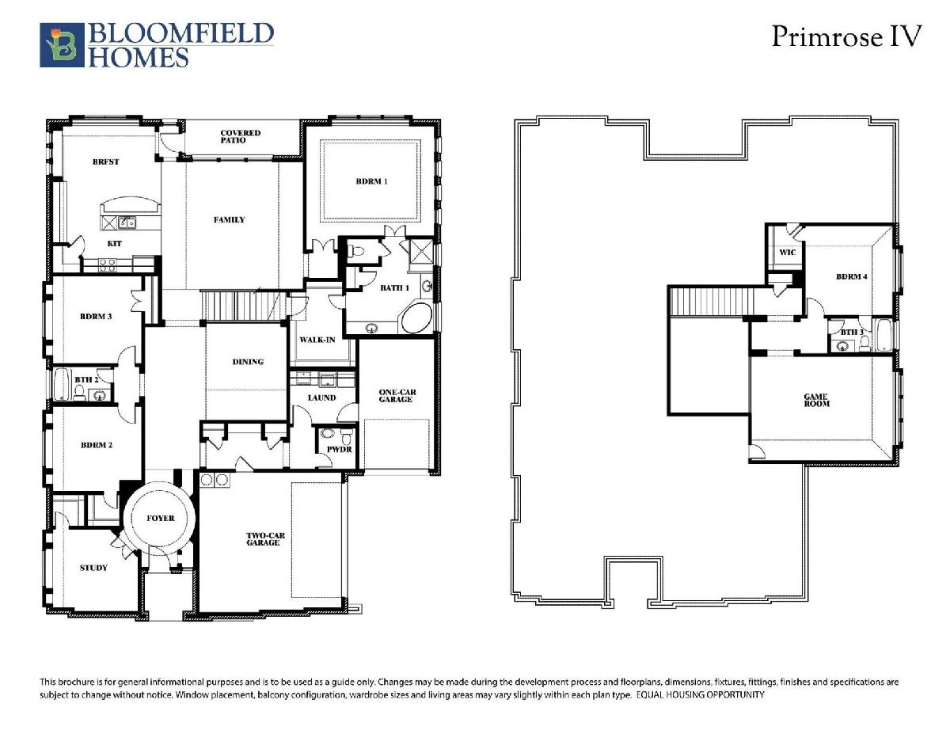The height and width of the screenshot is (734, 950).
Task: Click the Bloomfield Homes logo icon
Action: (62, 45)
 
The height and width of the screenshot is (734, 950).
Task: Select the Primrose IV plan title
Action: (846, 36)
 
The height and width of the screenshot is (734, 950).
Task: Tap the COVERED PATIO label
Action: (240, 136)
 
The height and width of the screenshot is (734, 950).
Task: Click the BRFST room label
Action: (106, 162)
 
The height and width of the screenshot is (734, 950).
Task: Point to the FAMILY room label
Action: (229, 220)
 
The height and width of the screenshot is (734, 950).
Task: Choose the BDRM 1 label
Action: (371, 181)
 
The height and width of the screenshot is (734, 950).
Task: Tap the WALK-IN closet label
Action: (317, 340)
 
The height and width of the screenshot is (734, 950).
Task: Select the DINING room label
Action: (248, 362)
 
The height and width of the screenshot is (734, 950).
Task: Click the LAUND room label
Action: (321, 397)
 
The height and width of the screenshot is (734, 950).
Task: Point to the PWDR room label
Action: (340, 450)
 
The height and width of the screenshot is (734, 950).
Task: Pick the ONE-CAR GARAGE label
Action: (397, 396)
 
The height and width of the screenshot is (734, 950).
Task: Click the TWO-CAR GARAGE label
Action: (265, 539)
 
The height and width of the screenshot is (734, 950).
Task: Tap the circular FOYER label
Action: (161, 519)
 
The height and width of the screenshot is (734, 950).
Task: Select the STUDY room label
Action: (93, 568)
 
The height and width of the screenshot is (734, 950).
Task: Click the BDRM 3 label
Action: (96, 317)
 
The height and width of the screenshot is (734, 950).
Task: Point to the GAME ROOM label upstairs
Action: (816, 400)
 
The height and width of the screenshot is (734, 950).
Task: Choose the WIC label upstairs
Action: (788, 253)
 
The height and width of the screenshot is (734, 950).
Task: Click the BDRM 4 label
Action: (852, 276)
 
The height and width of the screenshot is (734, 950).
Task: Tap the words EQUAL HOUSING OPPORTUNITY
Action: (701, 694)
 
